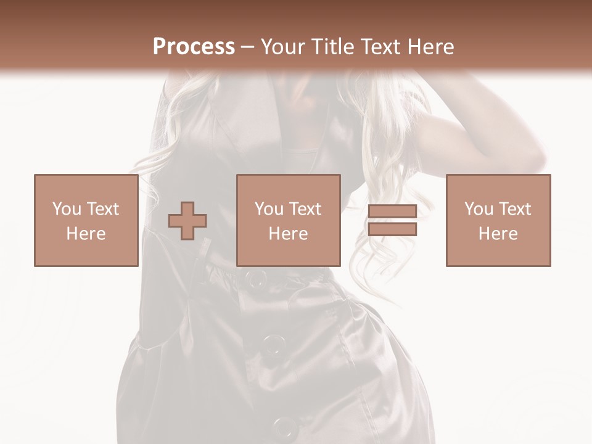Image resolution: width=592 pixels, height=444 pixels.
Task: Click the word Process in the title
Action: [x=194, y=46]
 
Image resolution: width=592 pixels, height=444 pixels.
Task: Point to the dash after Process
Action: [x=248, y=47]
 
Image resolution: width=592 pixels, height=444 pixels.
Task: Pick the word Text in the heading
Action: [x=379, y=46]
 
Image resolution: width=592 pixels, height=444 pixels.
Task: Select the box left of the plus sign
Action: [x=86, y=220]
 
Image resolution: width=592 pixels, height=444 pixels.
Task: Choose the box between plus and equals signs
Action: [x=288, y=220]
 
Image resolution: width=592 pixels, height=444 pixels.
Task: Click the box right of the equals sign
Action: [x=498, y=220]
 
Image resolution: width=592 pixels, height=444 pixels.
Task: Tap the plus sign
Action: [x=187, y=221]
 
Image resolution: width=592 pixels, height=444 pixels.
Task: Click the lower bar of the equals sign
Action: [x=392, y=229]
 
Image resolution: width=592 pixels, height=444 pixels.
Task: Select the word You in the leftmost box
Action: [x=66, y=208]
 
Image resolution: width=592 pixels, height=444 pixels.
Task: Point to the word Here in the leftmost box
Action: [x=86, y=233]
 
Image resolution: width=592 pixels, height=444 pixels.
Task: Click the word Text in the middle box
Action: [x=305, y=208]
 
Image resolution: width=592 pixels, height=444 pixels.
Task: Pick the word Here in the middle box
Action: [x=288, y=233]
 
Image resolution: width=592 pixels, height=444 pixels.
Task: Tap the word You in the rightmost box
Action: [x=478, y=208]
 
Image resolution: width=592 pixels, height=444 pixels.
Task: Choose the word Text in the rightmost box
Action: [x=515, y=208]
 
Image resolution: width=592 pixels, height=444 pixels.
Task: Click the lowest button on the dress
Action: [x=284, y=425]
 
